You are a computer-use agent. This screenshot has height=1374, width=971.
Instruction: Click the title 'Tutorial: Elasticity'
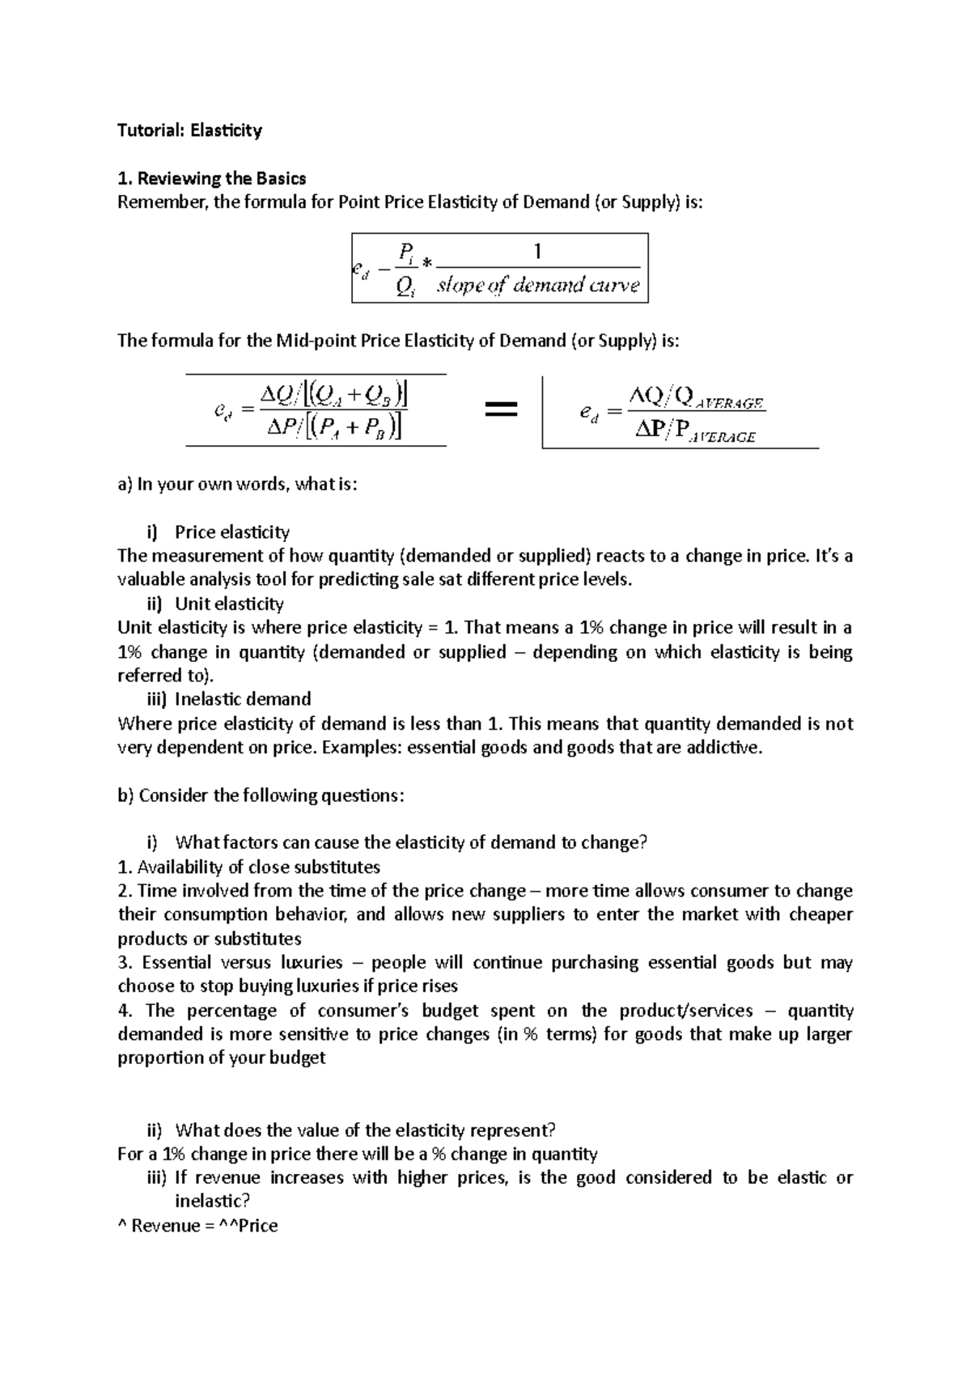point(189,130)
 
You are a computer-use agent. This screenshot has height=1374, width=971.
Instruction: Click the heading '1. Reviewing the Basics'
point(212,178)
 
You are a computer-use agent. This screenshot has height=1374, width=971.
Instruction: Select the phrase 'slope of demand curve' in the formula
point(538,286)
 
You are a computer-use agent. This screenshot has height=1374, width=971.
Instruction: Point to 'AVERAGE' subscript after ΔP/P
point(722,437)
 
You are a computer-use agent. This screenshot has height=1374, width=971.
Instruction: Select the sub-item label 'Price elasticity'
point(231,532)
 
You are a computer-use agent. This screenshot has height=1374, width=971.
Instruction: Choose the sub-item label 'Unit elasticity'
point(229,604)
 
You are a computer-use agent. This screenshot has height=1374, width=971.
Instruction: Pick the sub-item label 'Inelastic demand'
point(243,699)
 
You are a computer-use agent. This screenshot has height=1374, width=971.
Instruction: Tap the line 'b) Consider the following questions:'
point(261,795)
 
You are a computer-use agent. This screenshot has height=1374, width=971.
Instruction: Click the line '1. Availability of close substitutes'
point(248,867)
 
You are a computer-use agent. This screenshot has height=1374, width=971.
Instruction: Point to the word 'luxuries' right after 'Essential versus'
point(312,963)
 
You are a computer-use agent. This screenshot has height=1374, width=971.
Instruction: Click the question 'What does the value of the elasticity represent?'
point(366,1130)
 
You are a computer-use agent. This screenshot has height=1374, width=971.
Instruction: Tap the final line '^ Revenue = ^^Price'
point(197,1226)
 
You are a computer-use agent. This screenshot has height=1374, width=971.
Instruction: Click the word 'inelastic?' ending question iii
point(213,1202)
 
